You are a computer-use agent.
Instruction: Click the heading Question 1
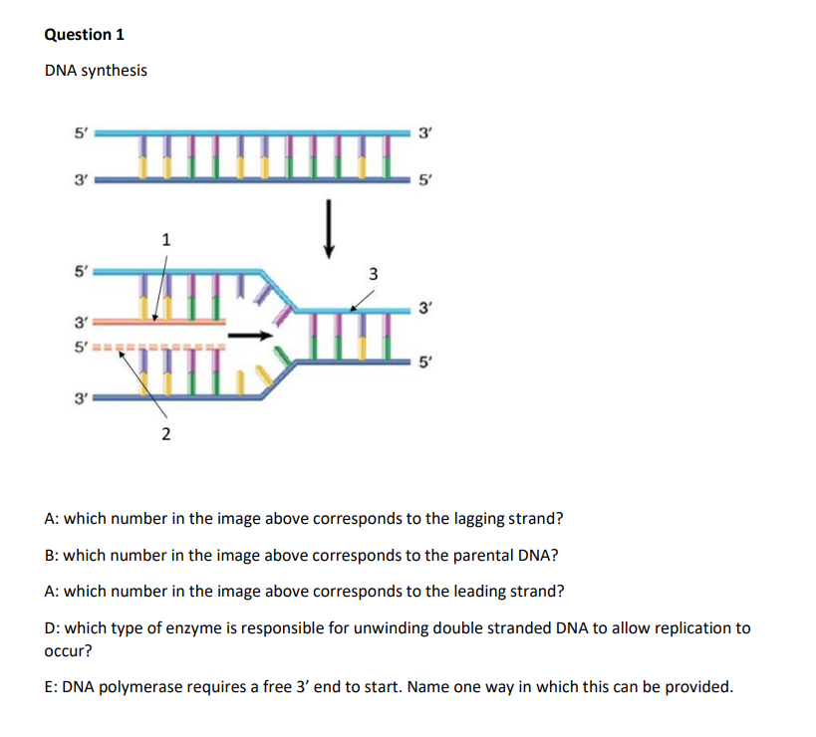85,34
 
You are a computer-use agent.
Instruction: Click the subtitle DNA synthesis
96,70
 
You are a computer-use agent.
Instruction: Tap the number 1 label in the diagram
166,238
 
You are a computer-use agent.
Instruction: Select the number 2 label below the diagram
166,433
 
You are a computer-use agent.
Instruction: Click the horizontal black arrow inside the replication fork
250,336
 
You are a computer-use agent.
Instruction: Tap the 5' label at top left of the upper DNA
81,130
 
